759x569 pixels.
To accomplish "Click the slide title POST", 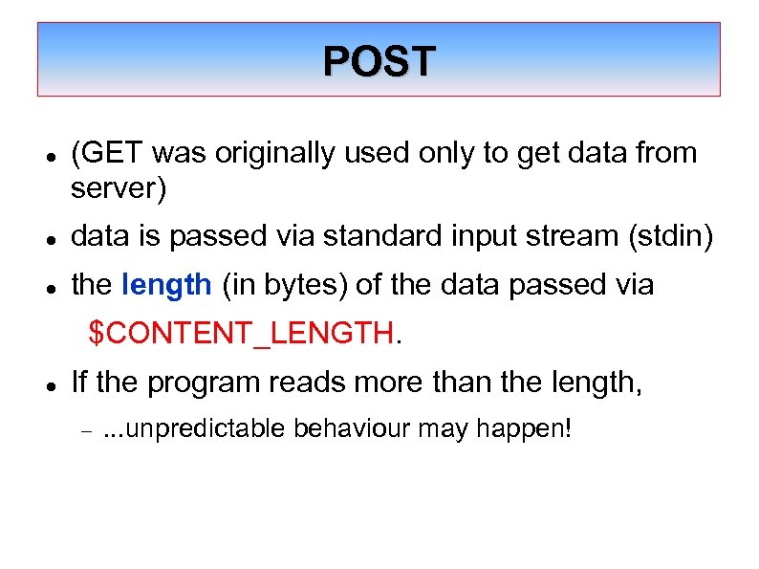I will point(379,61).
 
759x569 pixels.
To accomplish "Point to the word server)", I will point(119,189).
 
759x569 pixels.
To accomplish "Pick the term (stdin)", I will point(668,235).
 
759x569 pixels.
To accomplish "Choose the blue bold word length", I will point(167,284).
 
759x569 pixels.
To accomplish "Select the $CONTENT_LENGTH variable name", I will point(241,334).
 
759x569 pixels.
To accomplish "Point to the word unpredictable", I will point(205,428).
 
